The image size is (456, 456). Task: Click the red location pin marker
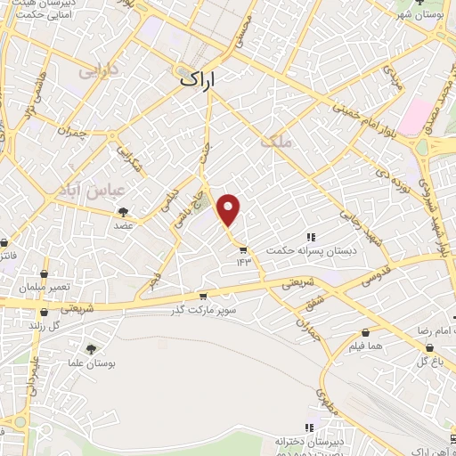pyautogui.click(x=230, y=209)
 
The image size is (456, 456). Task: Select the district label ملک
pyautogui.click(x=273, y=142)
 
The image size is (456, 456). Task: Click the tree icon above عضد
pyautogui.click(x=123, y=211)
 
